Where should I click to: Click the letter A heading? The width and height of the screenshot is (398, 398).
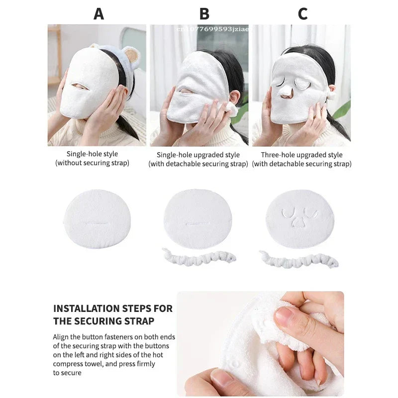[x=99, y=14]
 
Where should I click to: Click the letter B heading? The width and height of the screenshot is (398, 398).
[x=204, y=14]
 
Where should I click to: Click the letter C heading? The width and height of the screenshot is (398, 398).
[x=302, y=14]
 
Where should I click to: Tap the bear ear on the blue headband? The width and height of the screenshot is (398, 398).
[x=131, y=56]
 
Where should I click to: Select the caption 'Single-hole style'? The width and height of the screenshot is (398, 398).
[x=92, y=154]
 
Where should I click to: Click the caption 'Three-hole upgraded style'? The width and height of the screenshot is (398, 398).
[x=301, y=155]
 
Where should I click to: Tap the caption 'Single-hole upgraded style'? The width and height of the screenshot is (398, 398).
[x=198, y=155]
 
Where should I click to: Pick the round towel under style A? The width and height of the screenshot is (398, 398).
[x=98, y=219]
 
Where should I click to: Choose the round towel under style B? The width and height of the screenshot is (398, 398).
[x=198, y=219]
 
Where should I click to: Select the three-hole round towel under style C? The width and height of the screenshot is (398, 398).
[x=299, y=219]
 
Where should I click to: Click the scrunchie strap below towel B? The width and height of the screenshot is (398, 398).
[x=199, y=257]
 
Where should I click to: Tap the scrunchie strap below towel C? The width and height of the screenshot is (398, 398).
[x=298, y=259]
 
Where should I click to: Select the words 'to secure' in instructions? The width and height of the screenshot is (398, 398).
[x=67, y=373]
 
